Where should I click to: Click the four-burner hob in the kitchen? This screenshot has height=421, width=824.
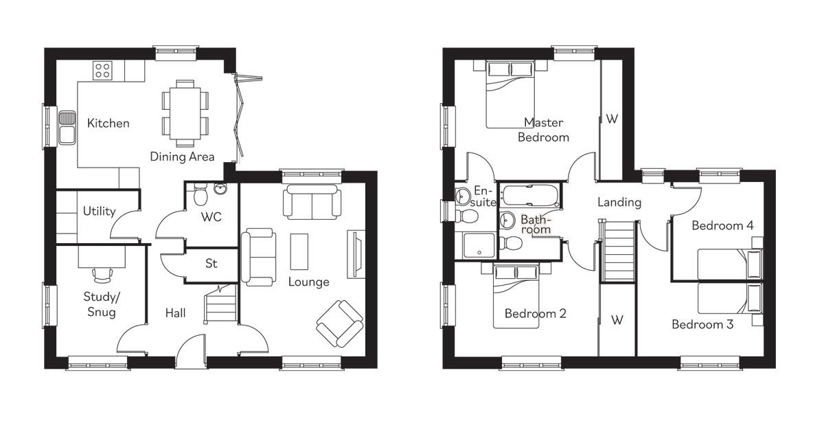pyautogui.click(x=103, y=70)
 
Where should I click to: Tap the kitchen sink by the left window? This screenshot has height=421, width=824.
pyautogui.click(x=67, y=127)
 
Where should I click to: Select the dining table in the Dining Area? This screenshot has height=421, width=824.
pyautogui.click(x=184, y=113)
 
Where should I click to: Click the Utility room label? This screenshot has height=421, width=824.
pyautogui.click(x=100, y=212)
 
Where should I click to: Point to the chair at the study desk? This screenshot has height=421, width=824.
pyautogui.click(x=102, y=274)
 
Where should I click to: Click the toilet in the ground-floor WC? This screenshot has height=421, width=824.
pyautogui.click(x=201, y=196)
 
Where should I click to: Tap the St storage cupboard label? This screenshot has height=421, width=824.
pyautogui.click(x=211, y=264)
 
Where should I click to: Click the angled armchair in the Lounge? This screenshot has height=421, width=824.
pyautogui.click(x=339, y=323)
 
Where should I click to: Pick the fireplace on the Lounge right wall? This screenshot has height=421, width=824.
pyautogui.click(x=356, y=253)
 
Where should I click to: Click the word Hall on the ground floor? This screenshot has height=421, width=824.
pyautogui.click(x=175, y=313)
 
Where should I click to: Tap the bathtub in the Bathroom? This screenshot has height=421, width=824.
pyautogui.click(x=531, y=196)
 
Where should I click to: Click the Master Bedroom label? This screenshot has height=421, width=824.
pyautogui.click(x=543, y=130)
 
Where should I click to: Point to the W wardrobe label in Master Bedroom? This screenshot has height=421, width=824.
pyautogui.click(x=612, y=119)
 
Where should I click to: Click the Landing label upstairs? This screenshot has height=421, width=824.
pyautogui.click(x=619, y=203)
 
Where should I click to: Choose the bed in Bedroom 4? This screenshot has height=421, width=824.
pyautogui.click(x=730, y=264)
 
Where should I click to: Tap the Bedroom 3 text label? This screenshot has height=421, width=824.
pyautogui.click(x=702, y=324)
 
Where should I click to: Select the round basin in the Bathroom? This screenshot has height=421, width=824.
pyautogui.click(x=507, y=220)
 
